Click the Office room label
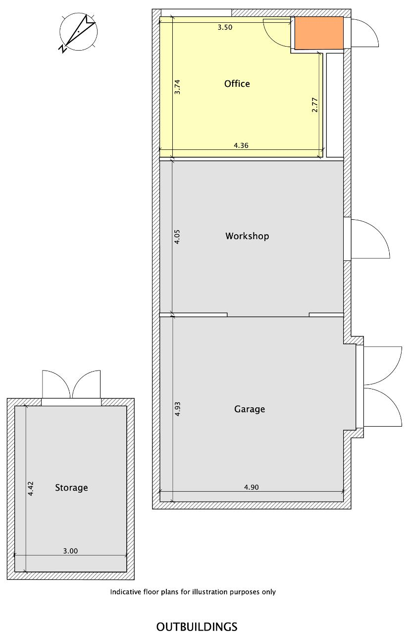237,84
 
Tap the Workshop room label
247,236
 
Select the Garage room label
250,409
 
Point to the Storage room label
71,488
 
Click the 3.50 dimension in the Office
225,27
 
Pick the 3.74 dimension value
177,87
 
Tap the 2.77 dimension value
314,105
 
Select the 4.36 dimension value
241,145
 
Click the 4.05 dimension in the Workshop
177,237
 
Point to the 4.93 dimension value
177,409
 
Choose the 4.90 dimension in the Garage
251,487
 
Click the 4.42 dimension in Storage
31,489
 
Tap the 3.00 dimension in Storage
70,551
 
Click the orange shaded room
319,33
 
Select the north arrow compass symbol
78,32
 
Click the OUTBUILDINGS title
197,627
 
